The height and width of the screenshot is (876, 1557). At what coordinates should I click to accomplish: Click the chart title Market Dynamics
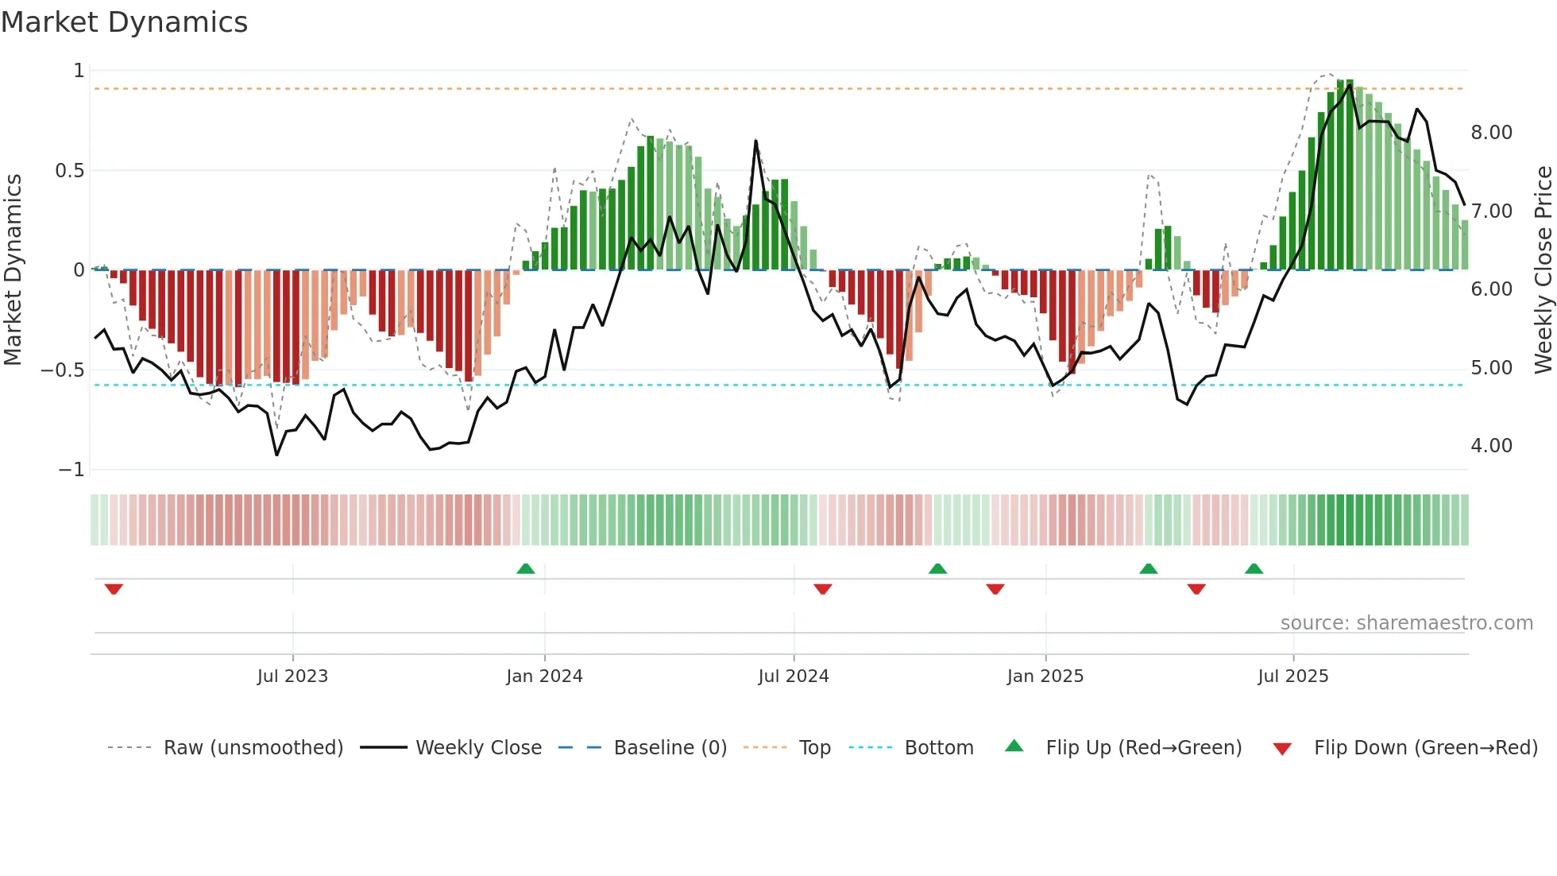point(124,22)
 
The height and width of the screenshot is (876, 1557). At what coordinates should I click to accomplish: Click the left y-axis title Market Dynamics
point(13,269)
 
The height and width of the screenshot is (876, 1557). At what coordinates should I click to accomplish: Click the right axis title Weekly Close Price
point(1543,269)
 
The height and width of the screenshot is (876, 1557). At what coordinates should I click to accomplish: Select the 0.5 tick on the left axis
point(69,171)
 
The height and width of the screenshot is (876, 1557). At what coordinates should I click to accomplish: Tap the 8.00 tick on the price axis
point(1491,133)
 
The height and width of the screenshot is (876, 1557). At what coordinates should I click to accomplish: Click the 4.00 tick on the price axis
point(1491,446)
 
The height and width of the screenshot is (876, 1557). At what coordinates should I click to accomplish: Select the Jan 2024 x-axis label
point(544,676)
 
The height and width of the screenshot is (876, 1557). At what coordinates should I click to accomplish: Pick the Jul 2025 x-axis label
point(1292,676)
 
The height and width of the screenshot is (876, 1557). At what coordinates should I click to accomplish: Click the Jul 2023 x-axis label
point(292,676)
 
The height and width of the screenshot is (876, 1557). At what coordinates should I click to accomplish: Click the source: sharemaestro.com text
point(1406,623)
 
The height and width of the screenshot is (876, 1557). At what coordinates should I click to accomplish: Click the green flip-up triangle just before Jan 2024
point(525,568)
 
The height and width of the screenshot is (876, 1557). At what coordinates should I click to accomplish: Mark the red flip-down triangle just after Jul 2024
point(822,589)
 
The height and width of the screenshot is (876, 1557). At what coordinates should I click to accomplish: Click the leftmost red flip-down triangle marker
point(114,589)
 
